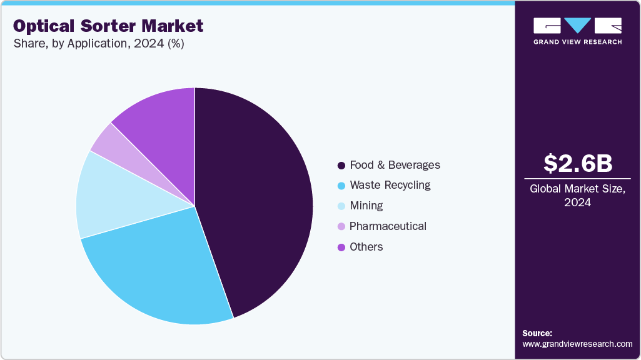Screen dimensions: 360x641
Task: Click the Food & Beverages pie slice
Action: pyautogui.click(x=256, y=200)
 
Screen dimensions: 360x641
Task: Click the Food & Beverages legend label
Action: pyautogui.click(x=395, y=165)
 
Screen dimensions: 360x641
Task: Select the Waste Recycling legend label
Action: pyautogui.click(x=390, y=185)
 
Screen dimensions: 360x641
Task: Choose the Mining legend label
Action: pyautogui.click(x=366, y=206)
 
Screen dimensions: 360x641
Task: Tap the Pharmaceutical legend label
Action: pyautogui.click(x=388, y=226)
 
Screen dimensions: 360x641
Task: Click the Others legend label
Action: pyautogui.click(x=366, y=247)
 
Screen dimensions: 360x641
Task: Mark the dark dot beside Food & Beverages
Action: pyautogui.click(x=341, y=166)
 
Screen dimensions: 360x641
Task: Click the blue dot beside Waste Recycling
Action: pyautogui.click(x=341, y=186)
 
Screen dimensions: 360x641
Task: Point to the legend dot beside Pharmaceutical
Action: pyautogui.click(x=341, y=227)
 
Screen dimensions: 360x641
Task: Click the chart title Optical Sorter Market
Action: pyautogui.click(x=108, y=26)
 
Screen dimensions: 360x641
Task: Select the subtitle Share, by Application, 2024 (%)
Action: pyautogui.click(x=98, y=44)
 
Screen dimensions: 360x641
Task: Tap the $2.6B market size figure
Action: pyautogui.click(x=577, y=163)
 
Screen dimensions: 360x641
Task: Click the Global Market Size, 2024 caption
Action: pyautogui.click(x=577, y=195)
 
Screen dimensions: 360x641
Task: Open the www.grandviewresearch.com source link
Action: pyautogui.click(x=577, y=344)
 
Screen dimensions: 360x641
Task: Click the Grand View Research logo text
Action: pyautogui.click(x=577, y=42)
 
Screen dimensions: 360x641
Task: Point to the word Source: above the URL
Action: pyautogui.click(x=537, y=333)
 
